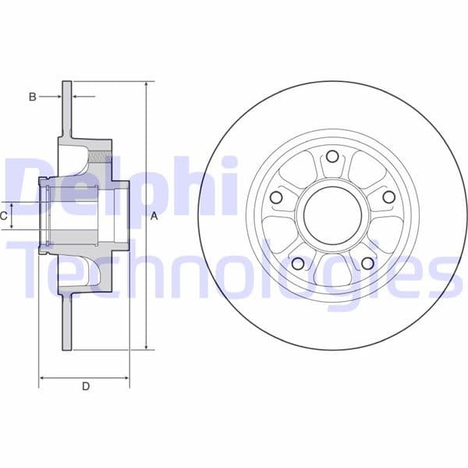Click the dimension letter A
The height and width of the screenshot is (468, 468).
(154, 216)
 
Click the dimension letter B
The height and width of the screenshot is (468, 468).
(32, 97)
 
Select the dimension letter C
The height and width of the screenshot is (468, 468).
(5, 215)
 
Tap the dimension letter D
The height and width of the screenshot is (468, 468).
(86, 386)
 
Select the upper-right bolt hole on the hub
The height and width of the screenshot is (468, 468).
(388, 197)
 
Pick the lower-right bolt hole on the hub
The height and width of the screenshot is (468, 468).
(367, 264)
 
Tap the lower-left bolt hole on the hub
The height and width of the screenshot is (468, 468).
(296, 264)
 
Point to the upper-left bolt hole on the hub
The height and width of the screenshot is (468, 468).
(275, 197)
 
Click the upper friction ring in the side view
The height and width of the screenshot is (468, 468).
(67, 109)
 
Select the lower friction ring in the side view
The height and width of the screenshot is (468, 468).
(67, 320)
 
